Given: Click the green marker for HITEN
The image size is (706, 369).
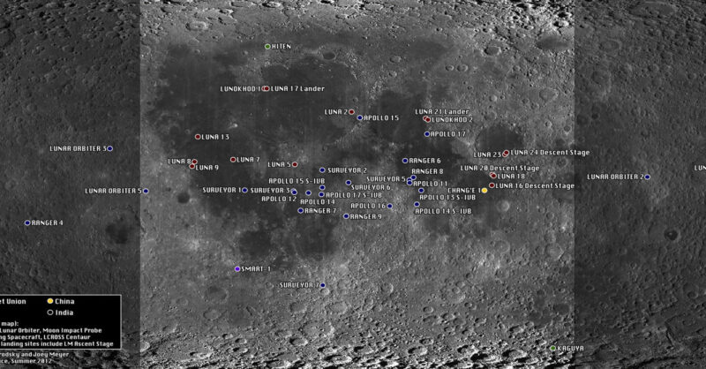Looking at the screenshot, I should point(268,46).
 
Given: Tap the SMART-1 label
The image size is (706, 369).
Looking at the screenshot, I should point(257,268).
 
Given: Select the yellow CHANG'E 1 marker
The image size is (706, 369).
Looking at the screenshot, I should point(484,191).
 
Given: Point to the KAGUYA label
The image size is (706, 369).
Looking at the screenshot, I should point(571,349).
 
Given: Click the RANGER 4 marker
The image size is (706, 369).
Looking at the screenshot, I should point(27,222).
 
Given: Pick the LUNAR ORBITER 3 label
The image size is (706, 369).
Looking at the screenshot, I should point(77,148).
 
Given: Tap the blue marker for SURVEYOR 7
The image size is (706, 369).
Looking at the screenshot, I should point(323,285).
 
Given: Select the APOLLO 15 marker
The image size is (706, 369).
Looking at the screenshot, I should point(360,117).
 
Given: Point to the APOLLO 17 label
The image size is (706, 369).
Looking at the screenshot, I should point(448,134).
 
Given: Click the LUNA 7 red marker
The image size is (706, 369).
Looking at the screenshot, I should point(233,160).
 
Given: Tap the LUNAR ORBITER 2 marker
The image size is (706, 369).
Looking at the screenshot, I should point(647,177).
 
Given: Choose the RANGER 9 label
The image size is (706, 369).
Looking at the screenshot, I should point(366,216).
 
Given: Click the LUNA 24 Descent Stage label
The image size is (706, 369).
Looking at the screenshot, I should point(550,153).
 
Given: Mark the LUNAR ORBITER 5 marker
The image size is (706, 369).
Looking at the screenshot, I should point(146,191).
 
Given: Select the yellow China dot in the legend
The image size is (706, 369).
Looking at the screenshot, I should point(51,302).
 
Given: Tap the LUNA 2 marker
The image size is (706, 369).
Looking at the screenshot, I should point(351,112).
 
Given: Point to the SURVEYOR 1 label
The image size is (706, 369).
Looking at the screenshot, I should point(221,190).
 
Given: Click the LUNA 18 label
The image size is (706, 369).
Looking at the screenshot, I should point(512,177).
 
